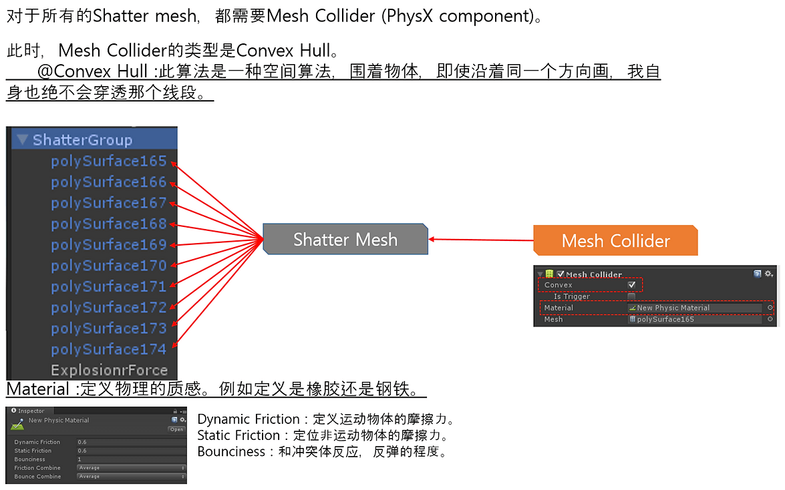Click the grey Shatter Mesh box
[345, 240]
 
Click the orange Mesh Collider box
[615, 241]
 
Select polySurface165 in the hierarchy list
[108, 161]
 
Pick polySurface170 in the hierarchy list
[108, 266]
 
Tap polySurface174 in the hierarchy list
[108, 349]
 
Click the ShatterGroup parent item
[82, 140]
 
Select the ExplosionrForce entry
[109, 370]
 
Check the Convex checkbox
[631, 285]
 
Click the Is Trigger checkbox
[631, 296]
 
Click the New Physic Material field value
[695, 308]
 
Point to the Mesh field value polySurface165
[695, 319]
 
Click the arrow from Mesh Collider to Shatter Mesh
[481, 240]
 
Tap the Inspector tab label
[31, 411]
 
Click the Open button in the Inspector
[176, 429]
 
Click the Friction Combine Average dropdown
[131, 468]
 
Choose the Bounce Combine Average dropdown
[131, 477]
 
